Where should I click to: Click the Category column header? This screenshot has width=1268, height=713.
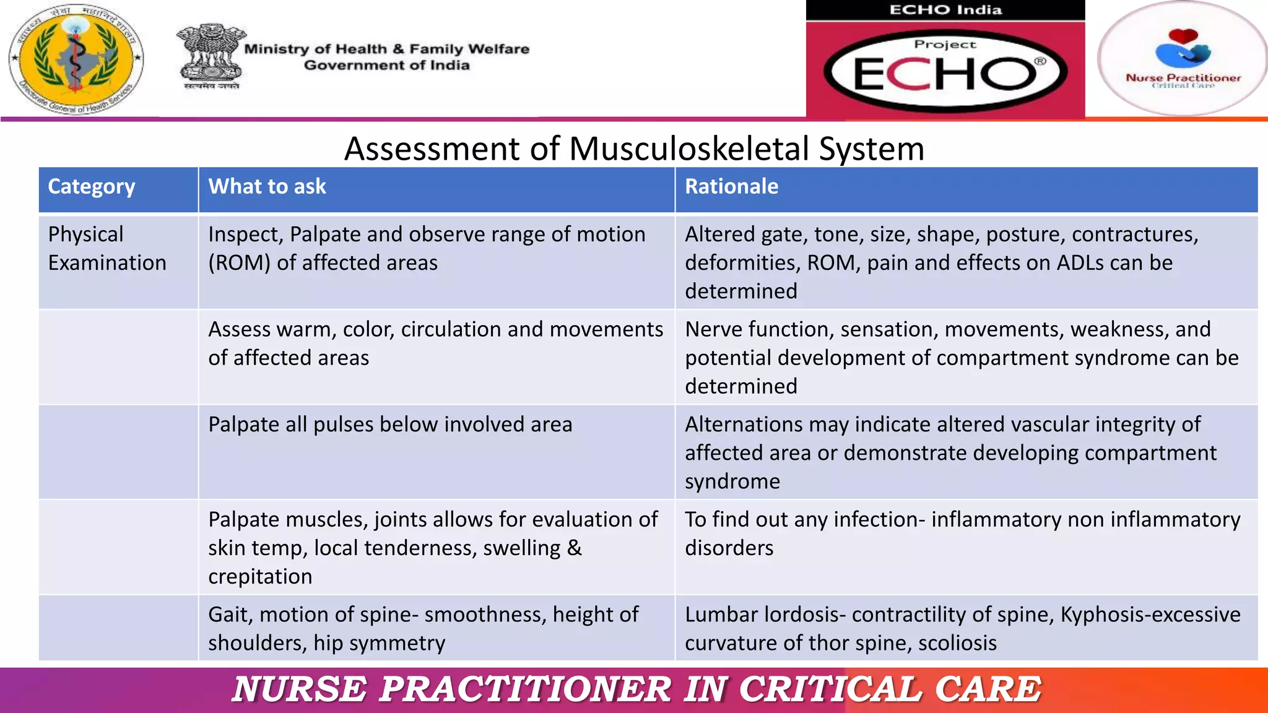tap(92, 187)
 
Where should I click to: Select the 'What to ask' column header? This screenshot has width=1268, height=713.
tap(267, 187)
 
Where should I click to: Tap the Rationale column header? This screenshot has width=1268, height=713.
tap(731, 187)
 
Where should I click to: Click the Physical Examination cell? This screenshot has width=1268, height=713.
tap(106, 249)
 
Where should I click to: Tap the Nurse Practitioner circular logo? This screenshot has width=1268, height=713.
tap(1183, 59)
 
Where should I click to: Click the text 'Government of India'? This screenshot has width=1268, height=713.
tap(386, 66)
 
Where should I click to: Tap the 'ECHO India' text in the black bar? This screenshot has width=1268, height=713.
tap(945, 10)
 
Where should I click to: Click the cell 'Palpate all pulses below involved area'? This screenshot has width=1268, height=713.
tap(390, 425)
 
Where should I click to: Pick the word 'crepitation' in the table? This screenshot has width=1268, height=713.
tap(260, 577)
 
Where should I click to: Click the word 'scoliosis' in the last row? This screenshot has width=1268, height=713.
tap(957, 643)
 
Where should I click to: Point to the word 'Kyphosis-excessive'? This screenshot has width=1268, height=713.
tap(1150, 615)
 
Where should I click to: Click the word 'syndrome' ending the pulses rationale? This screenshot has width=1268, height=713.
tap(732, 482)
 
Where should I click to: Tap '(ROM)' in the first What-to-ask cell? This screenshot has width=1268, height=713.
tap(239, 263)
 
